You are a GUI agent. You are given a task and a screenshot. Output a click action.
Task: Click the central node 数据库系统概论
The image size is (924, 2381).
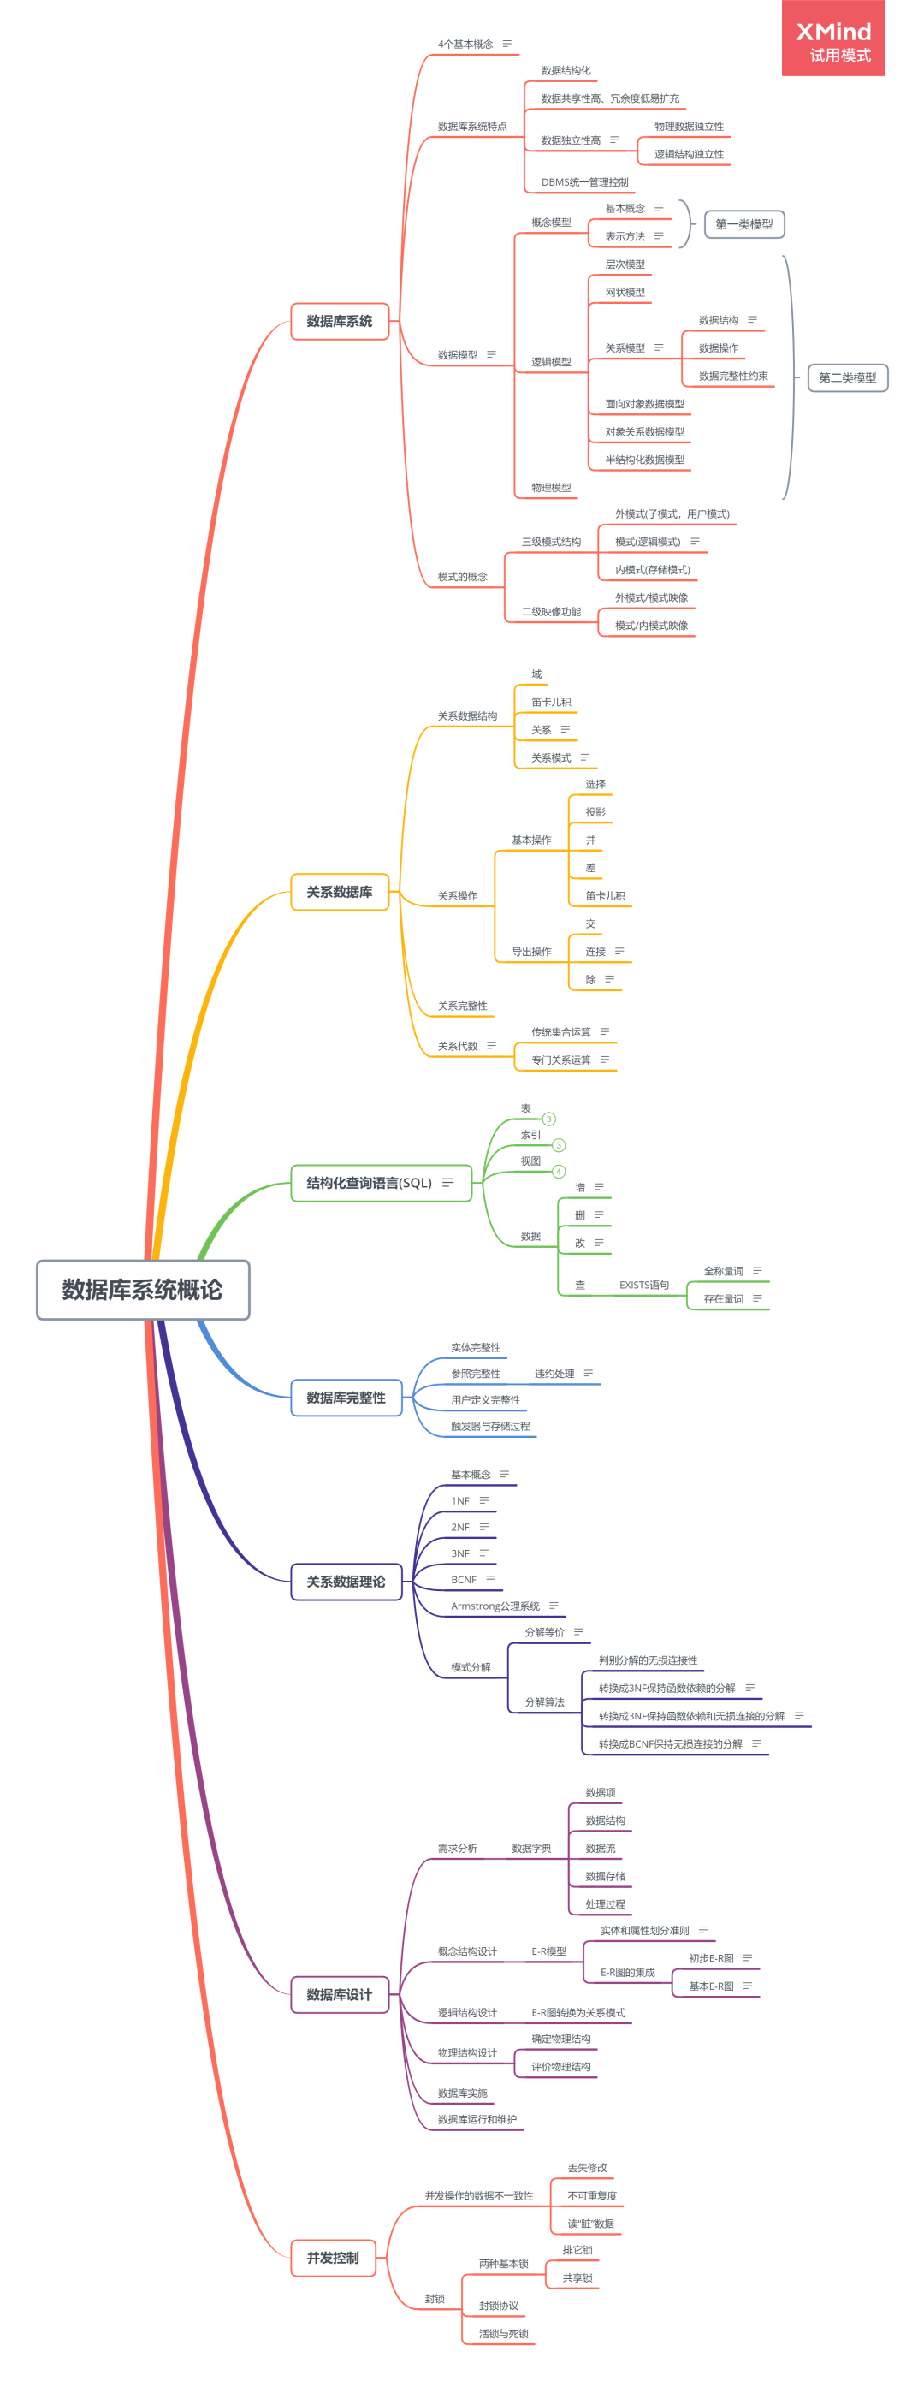coord(143,1290)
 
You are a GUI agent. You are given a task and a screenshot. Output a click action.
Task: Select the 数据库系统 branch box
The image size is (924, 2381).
coord(339,321)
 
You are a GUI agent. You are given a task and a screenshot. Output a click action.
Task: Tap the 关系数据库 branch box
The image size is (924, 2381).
coord(339,892)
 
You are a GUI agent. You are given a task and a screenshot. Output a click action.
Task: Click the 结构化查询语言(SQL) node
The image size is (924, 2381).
coord(381,1183)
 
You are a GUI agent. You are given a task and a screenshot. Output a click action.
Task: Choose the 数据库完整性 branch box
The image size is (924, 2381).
coord(346,1398)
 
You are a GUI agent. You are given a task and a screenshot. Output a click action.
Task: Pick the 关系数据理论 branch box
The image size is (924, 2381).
coord(346,1582)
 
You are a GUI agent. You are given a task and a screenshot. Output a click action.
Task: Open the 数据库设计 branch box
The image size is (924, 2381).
coord(339,1995)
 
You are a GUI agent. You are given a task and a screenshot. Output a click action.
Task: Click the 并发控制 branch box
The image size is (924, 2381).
coord(333,2258)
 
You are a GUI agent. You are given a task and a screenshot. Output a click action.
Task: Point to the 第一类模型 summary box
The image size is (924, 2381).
coord(743,223)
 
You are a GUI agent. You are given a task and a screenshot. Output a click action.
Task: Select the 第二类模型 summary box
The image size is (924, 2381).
coord(847,377)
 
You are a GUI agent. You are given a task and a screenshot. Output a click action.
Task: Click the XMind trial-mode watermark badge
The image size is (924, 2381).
coord(833,38)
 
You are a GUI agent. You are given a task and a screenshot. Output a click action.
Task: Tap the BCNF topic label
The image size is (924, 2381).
coord(464,1580)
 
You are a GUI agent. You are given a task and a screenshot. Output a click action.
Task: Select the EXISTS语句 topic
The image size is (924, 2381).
coord(644,1285)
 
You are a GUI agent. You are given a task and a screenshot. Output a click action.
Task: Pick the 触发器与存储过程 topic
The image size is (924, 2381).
coord(490,1426)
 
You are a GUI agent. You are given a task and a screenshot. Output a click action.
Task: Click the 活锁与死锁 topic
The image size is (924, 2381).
coord(504,2334)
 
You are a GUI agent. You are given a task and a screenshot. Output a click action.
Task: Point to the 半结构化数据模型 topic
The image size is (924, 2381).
coord(645,460)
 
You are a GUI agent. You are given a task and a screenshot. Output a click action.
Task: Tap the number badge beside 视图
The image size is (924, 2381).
coord(558,1171)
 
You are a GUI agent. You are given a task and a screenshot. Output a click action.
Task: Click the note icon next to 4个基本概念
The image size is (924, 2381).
coord(506,44)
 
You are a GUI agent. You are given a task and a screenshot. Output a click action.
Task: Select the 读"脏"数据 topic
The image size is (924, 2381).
coord(591,2224)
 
